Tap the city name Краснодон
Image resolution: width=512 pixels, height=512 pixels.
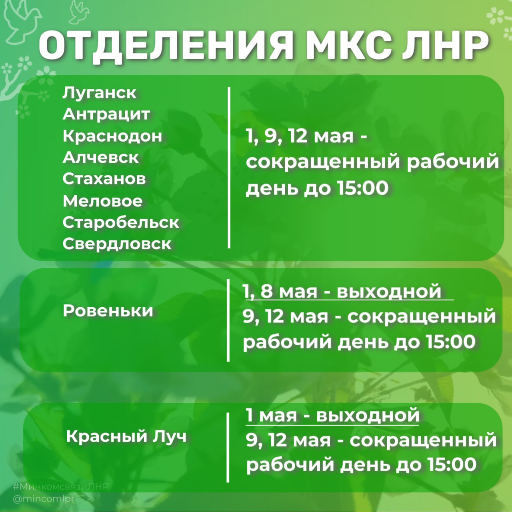pos(112,136)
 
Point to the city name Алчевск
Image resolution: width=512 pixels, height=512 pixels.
pos(101,158)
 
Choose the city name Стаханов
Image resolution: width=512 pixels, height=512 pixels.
pos(104,179)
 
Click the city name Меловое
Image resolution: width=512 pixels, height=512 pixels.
pos(102,201)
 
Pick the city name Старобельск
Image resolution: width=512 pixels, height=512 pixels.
pos(121,222)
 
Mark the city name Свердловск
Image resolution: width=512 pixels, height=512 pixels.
pos(117,244)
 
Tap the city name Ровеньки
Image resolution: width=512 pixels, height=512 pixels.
pos(108,310)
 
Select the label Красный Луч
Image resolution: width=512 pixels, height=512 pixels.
pos(126,436)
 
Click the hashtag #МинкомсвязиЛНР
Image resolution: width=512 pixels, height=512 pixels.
pos(61,486)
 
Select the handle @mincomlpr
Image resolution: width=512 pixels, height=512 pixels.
pos(44,499)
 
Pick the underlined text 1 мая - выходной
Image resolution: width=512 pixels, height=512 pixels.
pos(332,415)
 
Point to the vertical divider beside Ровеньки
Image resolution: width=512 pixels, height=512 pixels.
pos(228,320)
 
